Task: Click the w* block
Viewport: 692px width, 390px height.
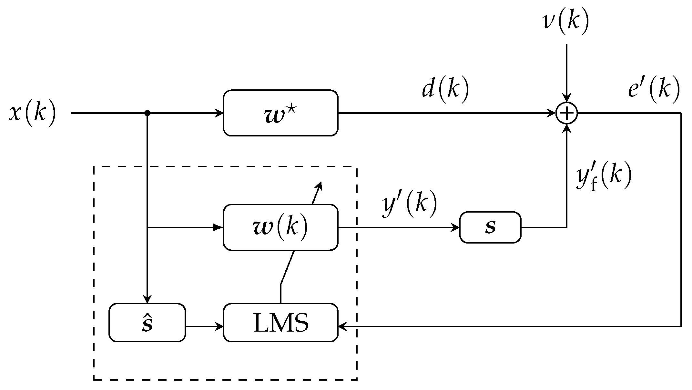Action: tap(280, 113)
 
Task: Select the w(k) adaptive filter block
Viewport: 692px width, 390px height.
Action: tap(280, 227)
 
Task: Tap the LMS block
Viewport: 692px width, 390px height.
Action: tap(280, 323)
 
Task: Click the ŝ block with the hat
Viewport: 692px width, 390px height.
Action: tap(147, 323)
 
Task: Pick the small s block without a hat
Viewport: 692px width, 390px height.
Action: tap(490, 227)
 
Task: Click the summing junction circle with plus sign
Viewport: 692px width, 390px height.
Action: tap(566, 113)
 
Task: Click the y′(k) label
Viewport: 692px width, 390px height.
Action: tap(409, 205)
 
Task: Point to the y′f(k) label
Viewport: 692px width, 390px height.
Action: tap(603, 178)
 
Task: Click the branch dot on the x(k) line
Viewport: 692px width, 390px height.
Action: tap(147, 113)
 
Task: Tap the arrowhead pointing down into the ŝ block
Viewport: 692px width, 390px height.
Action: tap(147, 300)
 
